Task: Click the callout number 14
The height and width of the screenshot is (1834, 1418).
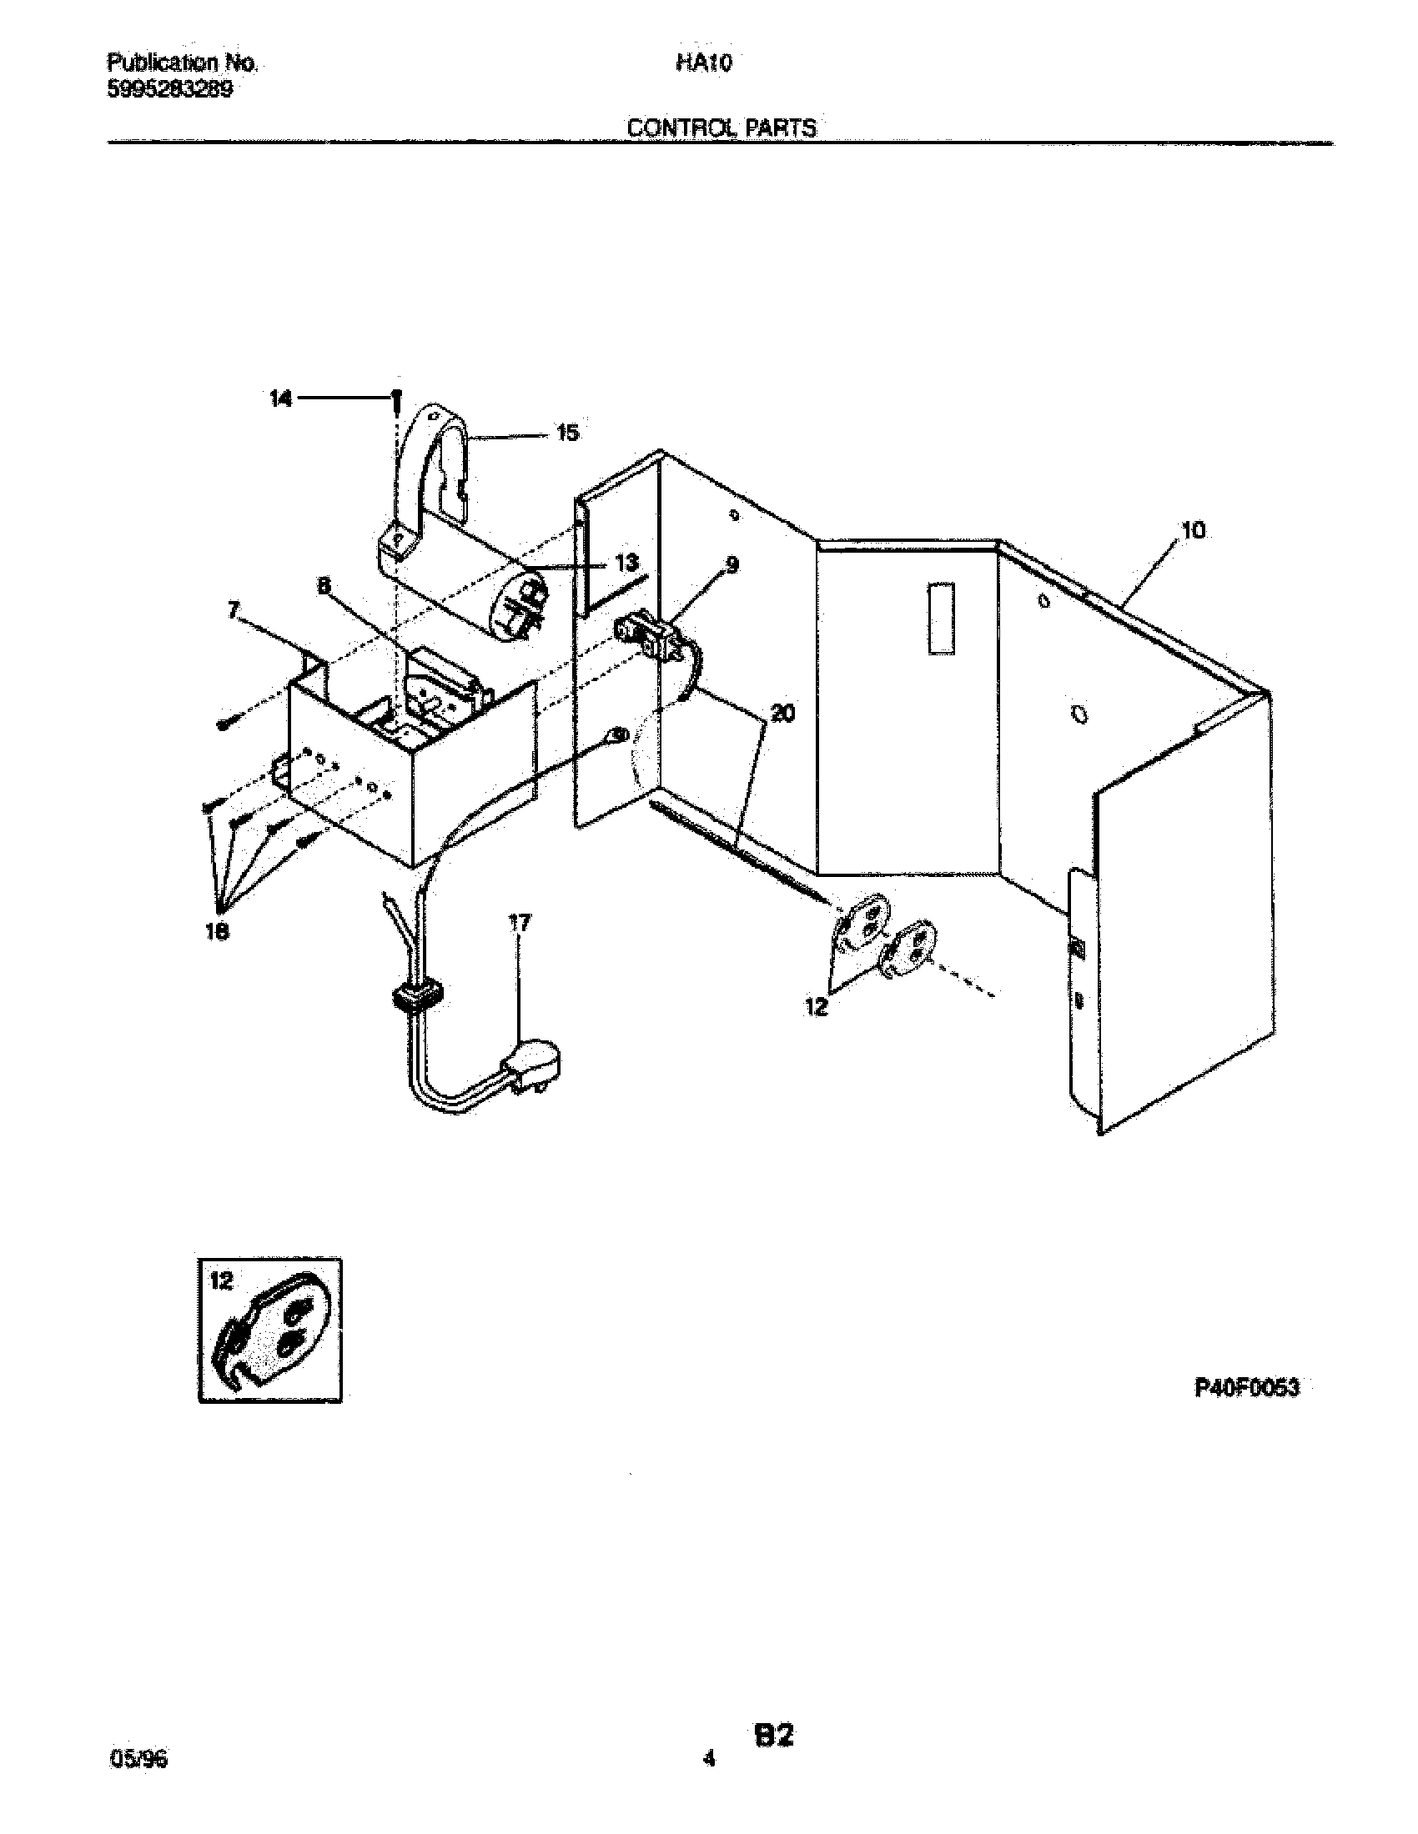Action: pos(280,399)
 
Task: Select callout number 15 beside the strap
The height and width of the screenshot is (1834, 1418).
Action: pos(568,433)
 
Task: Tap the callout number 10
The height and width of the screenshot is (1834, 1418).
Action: pos(1193,531)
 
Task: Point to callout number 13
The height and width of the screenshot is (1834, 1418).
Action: pos(626,563)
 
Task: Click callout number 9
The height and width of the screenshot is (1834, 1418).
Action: pos(732,565)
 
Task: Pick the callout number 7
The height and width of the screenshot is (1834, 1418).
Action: pos(234,610)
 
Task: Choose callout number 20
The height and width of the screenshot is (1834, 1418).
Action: pos(782,714)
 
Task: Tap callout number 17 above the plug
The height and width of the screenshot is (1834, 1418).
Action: pos(520,923)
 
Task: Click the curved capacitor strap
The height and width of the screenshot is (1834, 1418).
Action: pos(437,470)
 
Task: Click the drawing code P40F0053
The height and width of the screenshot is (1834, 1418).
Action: pos(1247,1388)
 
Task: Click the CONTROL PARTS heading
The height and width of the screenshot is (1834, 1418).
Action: pos(722,128)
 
